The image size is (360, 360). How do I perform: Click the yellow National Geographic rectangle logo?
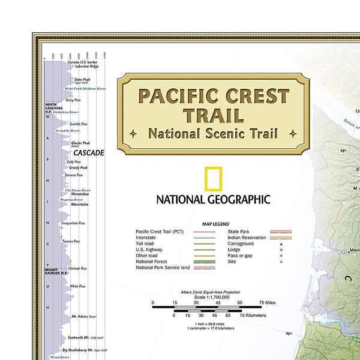click(213, 179)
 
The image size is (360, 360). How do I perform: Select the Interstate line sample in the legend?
click(205, 238)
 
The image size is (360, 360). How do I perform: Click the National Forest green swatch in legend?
click(205, 261)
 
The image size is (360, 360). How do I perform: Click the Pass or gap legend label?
click(240, 255)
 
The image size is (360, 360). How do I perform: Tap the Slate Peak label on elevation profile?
click(82, 79)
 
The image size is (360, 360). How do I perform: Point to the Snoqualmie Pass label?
click(73, 223)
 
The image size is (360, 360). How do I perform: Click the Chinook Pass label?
click(78, 268)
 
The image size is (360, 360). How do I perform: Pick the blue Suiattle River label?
click(68, 130)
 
